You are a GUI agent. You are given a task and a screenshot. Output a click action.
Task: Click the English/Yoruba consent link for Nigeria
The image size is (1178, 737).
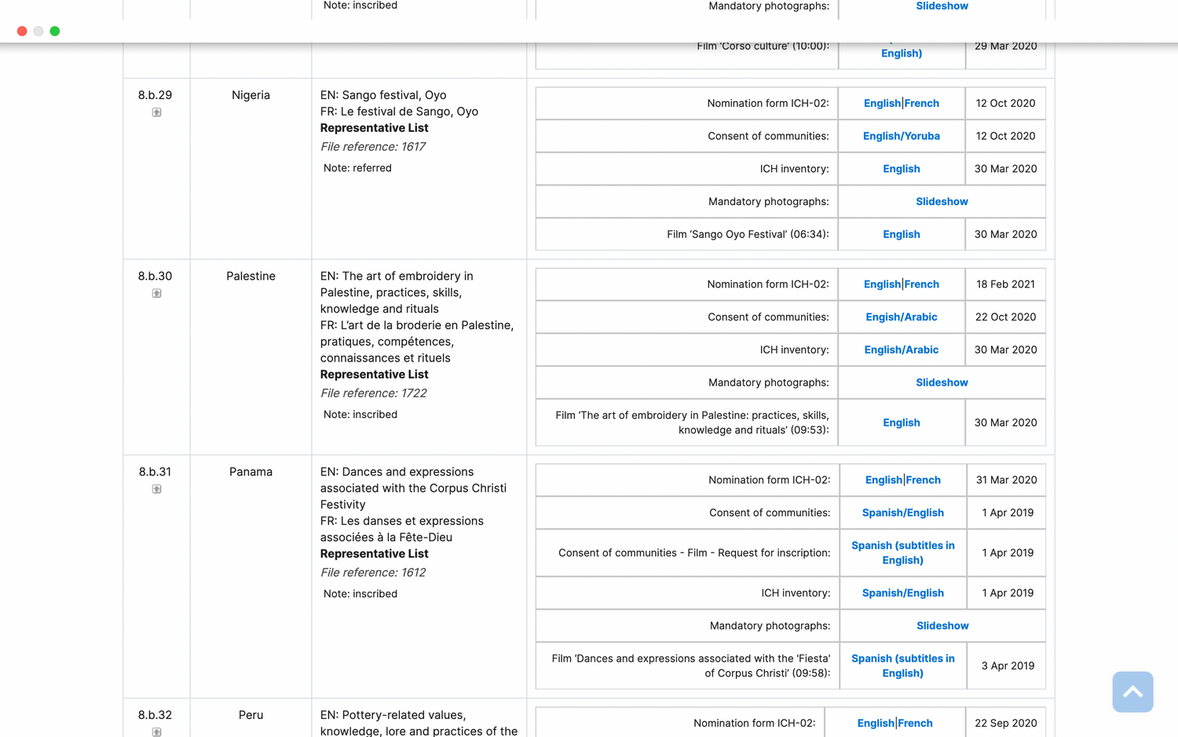[x=901, y=136]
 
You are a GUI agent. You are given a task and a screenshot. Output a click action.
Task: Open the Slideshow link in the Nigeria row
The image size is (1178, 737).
[x=942, y=202]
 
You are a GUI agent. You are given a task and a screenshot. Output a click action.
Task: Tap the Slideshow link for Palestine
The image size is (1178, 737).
[x=942, y=383]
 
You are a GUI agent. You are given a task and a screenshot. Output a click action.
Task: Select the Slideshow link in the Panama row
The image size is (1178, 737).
[x=942, y=626]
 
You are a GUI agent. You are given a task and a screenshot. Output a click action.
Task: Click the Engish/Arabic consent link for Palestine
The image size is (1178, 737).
[x=901, y=317]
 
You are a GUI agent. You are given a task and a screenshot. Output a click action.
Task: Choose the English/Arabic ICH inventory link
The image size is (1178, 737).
[x=901, y=350]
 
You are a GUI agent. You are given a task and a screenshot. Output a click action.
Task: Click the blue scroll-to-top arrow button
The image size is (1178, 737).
[x=1132, y=692]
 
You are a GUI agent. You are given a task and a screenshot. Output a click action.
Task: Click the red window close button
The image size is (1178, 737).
[x=22, y=31]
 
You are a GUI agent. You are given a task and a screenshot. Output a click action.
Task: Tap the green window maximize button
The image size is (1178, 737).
[x=55, y=31]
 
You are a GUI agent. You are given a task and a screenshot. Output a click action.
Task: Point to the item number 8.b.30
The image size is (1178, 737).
[x=155, y=277]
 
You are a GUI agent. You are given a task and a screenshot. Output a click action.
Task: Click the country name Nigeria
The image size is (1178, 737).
[x=251, y=95]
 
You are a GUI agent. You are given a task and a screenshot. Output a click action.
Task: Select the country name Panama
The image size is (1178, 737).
[x=251, y=472]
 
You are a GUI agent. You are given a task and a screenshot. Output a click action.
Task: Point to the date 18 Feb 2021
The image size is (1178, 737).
[x=1005, y=284]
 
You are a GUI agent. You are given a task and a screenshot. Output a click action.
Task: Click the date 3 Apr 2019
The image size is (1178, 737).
[x=1008, y=666]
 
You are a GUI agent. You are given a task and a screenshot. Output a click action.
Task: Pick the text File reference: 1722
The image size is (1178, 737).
[x=373, y=394]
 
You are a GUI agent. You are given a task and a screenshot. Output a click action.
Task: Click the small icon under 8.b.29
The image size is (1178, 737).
[x=156, y=112]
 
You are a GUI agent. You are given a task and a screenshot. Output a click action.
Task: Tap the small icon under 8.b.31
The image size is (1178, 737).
[x=156, y=489]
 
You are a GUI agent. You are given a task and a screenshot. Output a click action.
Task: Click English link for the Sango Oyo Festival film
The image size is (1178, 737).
[x=901, y=235]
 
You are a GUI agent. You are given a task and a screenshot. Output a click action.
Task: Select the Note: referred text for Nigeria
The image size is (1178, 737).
[x=357, y=168]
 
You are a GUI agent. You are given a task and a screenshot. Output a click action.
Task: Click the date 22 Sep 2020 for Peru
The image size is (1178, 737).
[x=1005, y=724]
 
